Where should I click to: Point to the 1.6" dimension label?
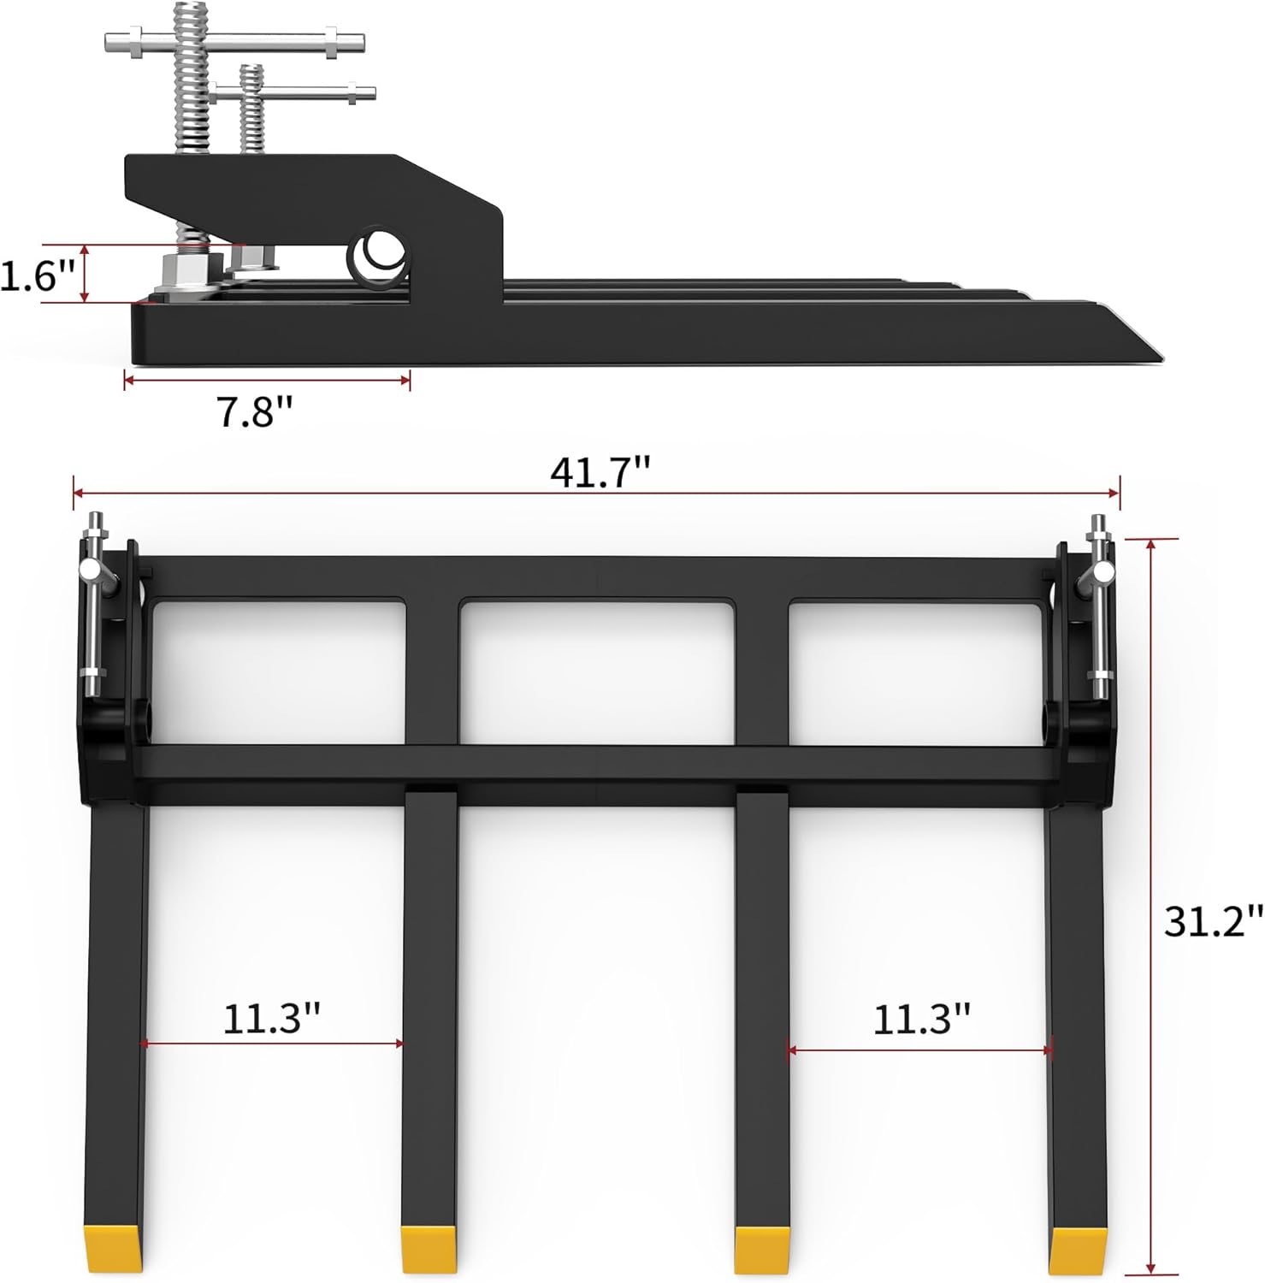click(39, 275)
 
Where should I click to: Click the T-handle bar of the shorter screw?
click(295, 92)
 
